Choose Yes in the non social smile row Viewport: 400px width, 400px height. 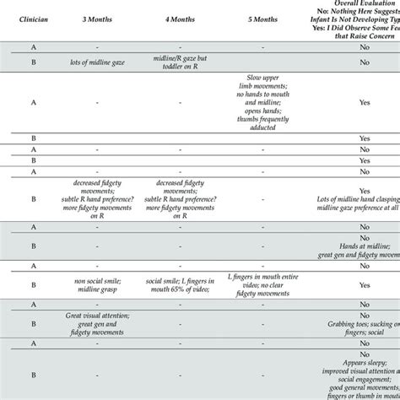tap(365, 285)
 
